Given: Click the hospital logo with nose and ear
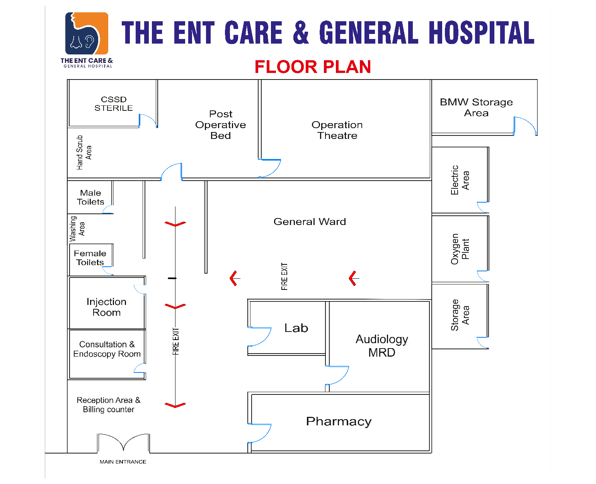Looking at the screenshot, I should (x=87, y=34).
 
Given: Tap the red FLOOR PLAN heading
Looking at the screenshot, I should (x=312, y=67).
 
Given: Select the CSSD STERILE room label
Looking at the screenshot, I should (x=114, y=104).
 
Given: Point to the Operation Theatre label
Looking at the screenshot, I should (x=337, y=130).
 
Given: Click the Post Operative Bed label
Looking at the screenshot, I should (x=221, y=125).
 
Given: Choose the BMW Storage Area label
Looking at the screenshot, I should (x=476, y=107).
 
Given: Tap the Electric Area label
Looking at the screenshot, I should (x=460, y=180).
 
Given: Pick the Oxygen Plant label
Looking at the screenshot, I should (x=460, y=249).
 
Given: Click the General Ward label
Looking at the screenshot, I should (x=310, y=222).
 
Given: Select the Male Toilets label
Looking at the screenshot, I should (x=90, y=197).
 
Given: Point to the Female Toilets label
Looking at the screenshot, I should (x=90, y=258).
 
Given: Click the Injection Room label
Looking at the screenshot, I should (x=106, y=307).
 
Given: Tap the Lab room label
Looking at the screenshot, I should (x=296, y=328).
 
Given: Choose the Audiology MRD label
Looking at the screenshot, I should (x=381, y=346).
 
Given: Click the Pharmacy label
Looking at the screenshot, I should (x=339, y=421).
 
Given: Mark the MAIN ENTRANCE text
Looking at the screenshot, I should (x=123, y=462).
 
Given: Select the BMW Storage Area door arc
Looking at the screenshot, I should (x=526, y=126).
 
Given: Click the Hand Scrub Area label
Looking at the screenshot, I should (x=84, y=152).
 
